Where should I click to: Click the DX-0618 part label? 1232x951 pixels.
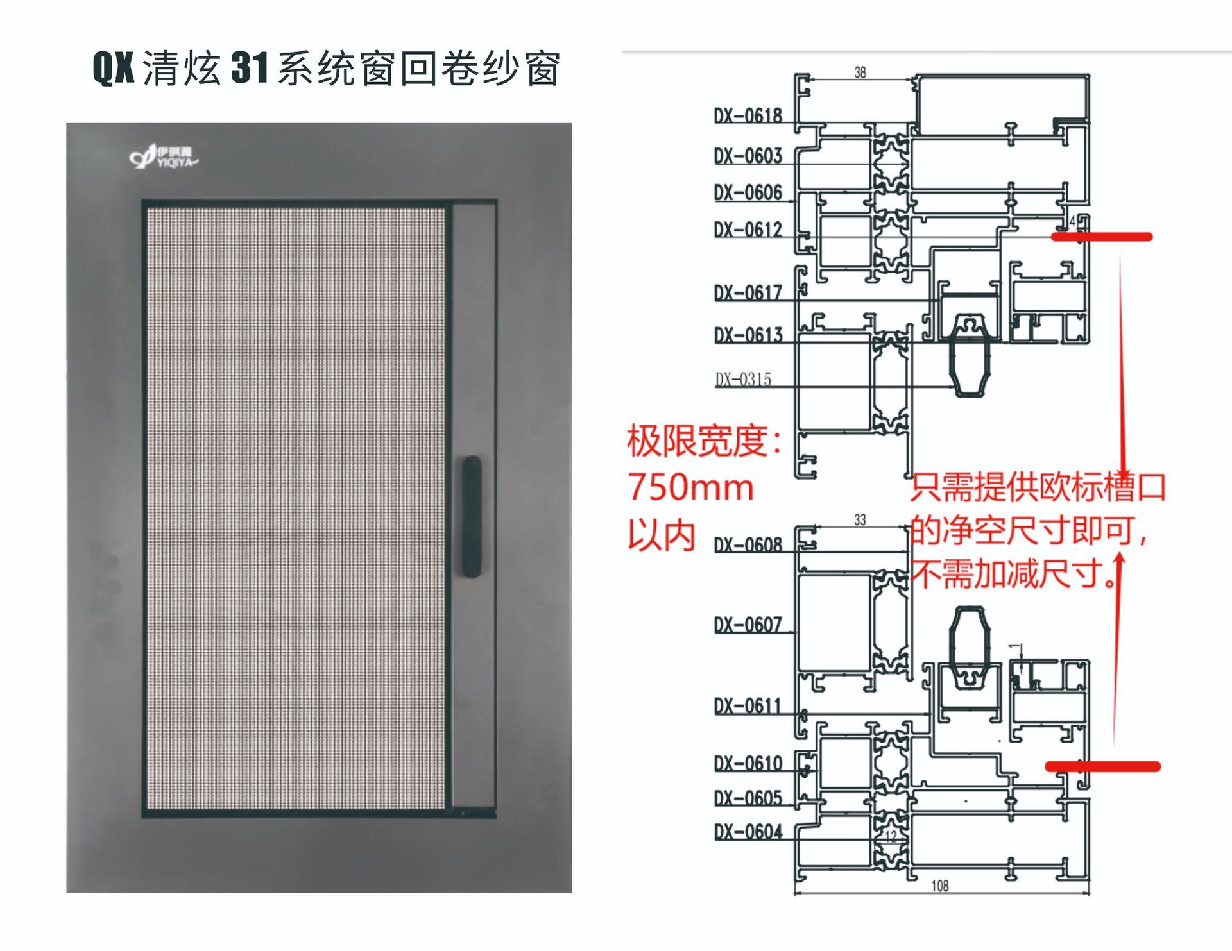[x=748, y=116]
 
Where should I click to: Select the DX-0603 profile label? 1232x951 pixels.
[x=748, y=156]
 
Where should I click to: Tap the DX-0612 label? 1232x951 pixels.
[x=748, y=230]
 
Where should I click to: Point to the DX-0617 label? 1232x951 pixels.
[x=748, y=293]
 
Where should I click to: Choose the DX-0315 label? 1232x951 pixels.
[x=743, y=380]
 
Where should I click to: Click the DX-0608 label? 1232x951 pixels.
[x=748, y=545]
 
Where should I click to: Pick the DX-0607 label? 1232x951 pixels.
[x=748, y=625]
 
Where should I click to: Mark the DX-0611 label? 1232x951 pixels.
[x=748, y=706]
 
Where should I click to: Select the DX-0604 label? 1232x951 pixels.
[x=748, y=832]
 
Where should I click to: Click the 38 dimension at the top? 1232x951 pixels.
[x=860, y=72]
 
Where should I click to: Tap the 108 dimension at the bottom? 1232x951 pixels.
[x=939, y=886]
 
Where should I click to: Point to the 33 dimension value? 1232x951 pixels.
[x=860, y=519]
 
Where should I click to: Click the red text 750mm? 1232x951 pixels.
[x=690, y=487]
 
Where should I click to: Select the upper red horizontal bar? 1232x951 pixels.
[x=1101, y=237]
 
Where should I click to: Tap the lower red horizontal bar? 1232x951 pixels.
[x=1102, y=766]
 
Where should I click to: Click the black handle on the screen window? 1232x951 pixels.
[x=472, y=516]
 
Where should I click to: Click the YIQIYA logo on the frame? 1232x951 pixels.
[x=164, y=156]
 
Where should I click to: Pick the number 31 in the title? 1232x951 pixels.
[x=249, y=68]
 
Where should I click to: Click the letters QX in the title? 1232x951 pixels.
[x=114, y=68]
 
